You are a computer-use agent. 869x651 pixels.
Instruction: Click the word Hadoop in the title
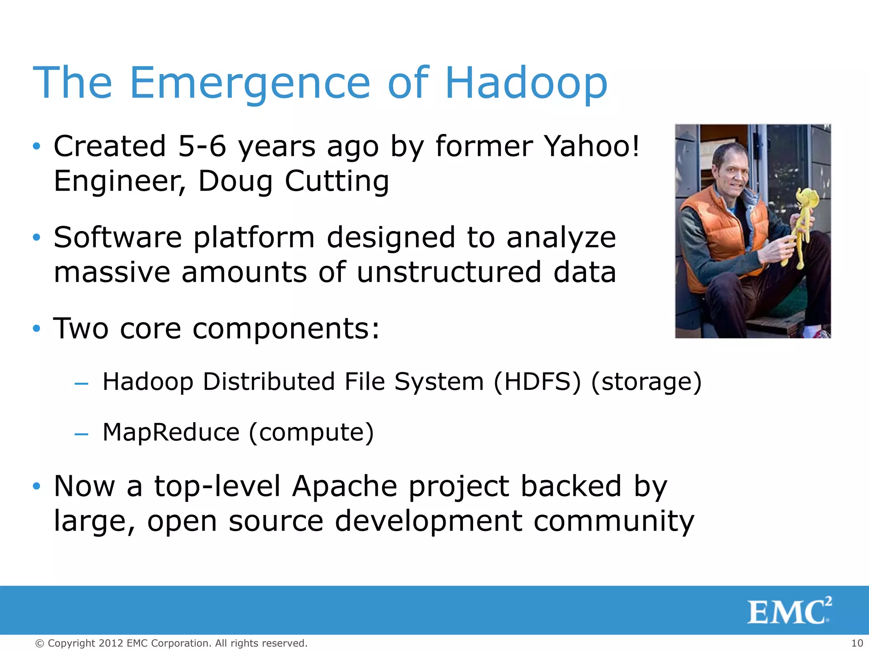point(526,83)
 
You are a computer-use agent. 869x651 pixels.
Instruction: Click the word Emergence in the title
point(250,83)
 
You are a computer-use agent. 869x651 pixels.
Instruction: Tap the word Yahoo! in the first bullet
point(591,146)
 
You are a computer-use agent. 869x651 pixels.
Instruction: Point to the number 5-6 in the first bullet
point(202,146)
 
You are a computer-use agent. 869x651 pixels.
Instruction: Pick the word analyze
point(561,237)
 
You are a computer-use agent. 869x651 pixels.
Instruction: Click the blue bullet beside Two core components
point(37,328)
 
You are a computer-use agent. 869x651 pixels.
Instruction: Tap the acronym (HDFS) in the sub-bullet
point(537,381)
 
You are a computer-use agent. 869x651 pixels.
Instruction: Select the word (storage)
point(646,381)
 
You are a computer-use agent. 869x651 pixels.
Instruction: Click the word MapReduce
point(171,432)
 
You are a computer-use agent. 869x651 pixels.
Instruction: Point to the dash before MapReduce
point(81,434)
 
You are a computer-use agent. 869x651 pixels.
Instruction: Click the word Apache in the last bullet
point(345,486)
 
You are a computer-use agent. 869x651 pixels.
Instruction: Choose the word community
point(614,521)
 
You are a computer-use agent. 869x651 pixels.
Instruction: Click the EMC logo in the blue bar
point(789,611)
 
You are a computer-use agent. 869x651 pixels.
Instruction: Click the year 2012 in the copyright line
point(111,643)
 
